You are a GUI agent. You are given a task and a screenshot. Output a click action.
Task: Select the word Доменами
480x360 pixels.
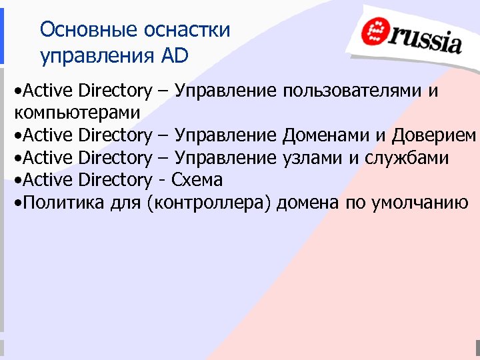pos(326,135)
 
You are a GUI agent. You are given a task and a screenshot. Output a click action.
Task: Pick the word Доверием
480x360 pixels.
pos(434,135)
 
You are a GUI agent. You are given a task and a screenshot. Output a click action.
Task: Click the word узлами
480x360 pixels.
pos(311,157)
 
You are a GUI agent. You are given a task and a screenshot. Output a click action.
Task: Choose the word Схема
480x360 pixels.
pos(197,180)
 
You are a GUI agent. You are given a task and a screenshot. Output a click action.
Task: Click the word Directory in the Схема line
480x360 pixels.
pos(115,180)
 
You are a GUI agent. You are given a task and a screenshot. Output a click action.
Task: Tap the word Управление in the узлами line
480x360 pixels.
pos(225,157)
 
